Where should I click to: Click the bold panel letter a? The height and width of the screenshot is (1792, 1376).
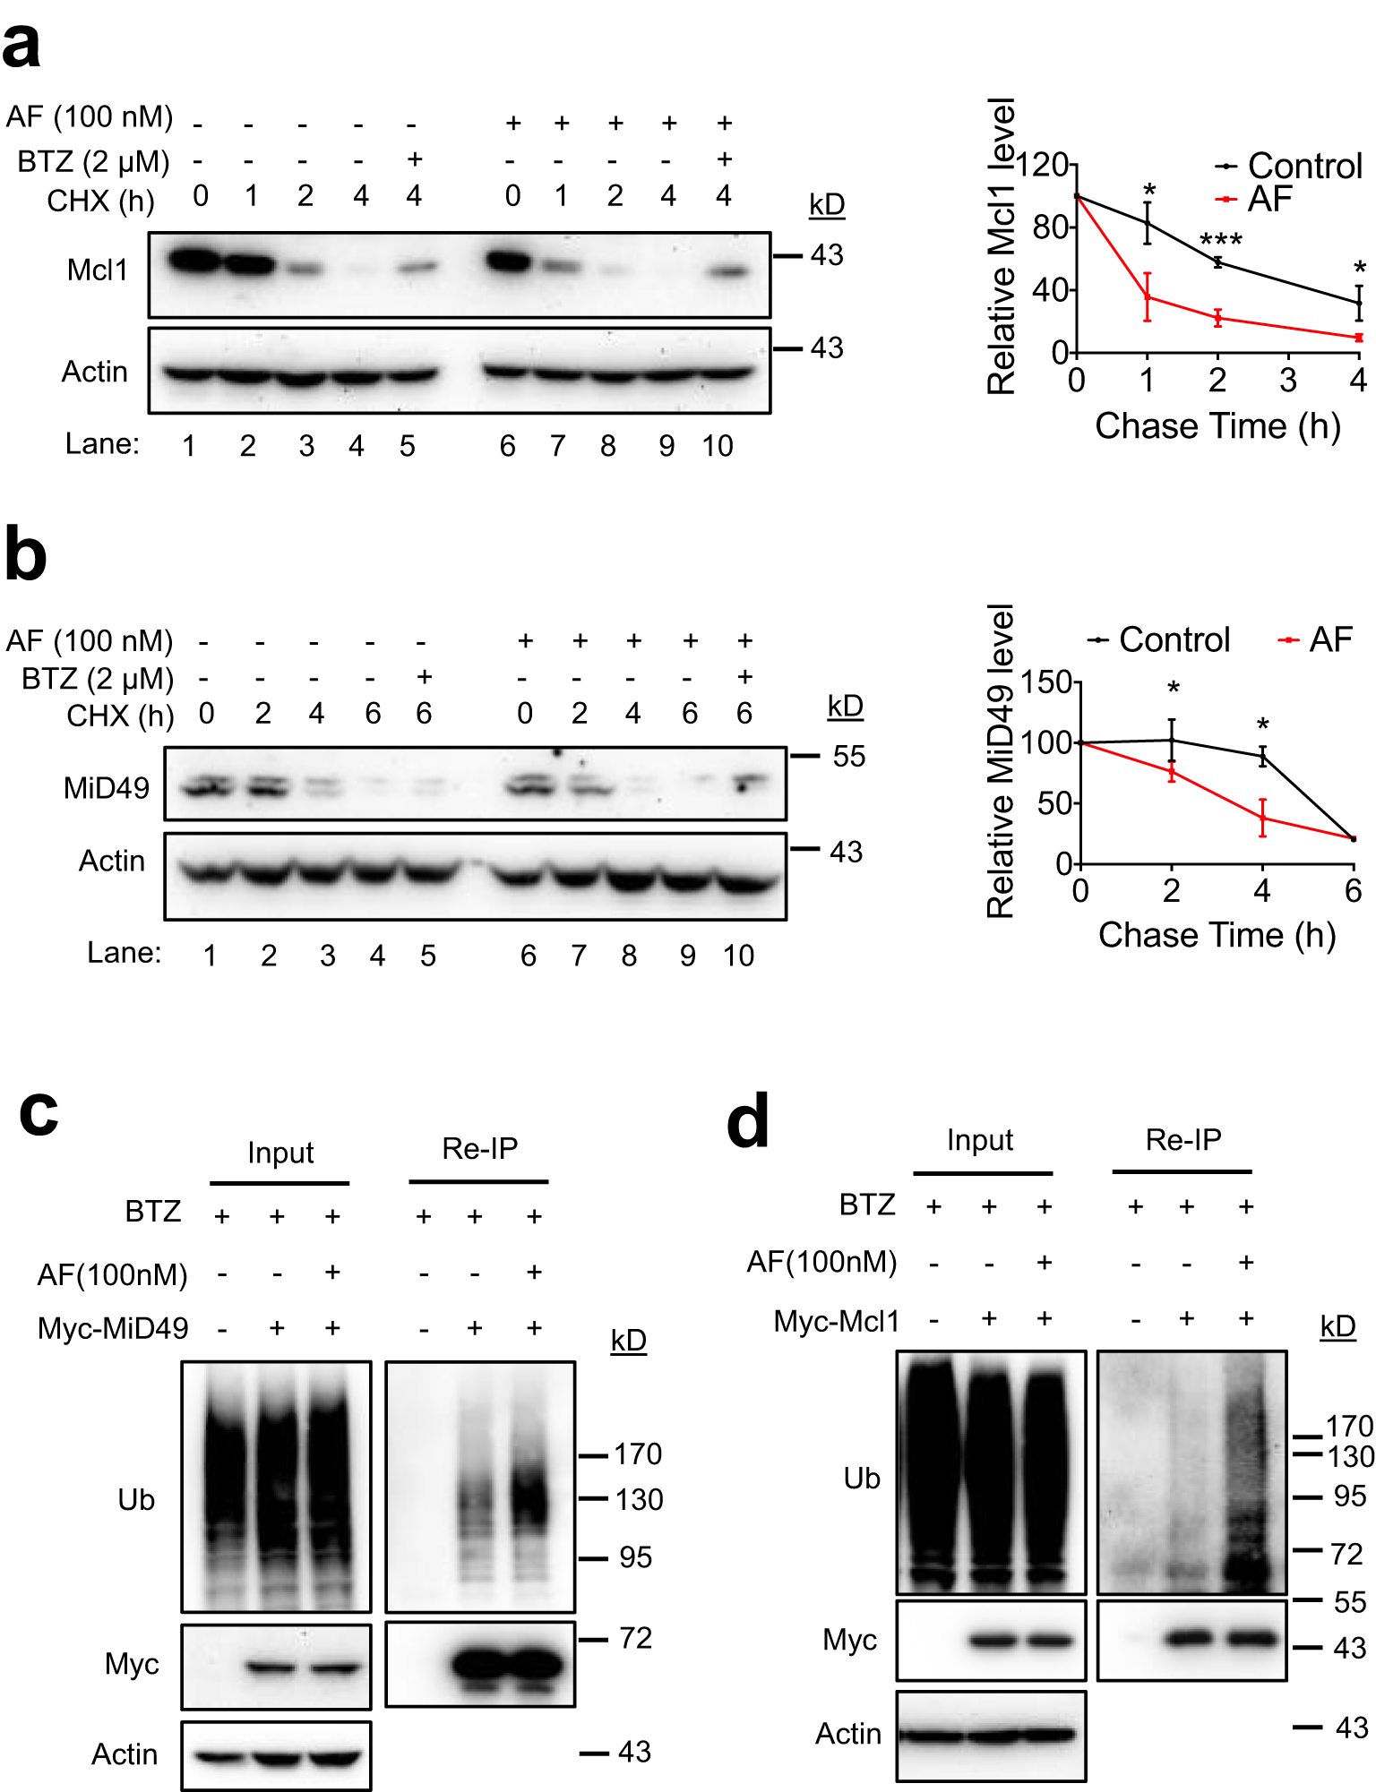point(21,47)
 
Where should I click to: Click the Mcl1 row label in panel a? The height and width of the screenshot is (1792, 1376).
point(98,270)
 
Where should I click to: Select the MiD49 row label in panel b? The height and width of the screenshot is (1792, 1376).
point(106,788)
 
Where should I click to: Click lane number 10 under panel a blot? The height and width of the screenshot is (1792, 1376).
point(718,446)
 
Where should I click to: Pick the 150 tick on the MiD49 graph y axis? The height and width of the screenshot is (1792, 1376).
point(1046,682)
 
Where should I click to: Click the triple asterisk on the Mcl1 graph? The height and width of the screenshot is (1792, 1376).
point(1220,240)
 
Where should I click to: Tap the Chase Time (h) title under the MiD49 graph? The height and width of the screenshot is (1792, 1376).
point(1217,935)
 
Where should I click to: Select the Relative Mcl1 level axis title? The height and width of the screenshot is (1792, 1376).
point(1001,246)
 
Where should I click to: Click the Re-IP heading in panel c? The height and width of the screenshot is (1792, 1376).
point(479,1148)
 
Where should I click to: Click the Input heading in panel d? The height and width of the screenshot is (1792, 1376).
point(979,1140)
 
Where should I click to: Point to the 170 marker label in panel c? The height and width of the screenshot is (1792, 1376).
point(637,1454)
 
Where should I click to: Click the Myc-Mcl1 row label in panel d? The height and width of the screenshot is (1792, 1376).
point(836,1321)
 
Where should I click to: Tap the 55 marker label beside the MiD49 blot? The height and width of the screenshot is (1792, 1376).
point(848,757)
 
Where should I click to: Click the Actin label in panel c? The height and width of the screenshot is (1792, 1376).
point(125,1754)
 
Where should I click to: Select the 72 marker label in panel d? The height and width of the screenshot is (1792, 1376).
point(1346,1554)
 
